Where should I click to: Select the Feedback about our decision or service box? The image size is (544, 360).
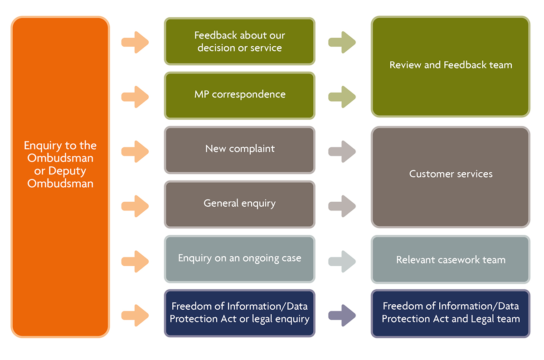[x=239, y=42]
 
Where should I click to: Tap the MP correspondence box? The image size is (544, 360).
[x=239, y=95]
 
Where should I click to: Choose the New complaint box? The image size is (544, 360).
[x=239, y=149]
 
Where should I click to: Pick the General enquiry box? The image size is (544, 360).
[x=239, y=204]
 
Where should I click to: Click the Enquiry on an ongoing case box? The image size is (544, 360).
[x=239, y=258]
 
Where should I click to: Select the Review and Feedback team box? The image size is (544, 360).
[x=451, y=66]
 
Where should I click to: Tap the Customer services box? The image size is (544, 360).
[x=451, y=176]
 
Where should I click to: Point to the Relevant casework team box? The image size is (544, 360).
[x=451, y=260]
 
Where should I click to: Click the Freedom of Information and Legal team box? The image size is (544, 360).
[x=451, y=313]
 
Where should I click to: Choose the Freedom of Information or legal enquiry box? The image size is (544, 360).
[x=239, y=313]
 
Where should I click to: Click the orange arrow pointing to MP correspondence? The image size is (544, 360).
[x=135, y=97]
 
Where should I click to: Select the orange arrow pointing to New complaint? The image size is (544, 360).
[x=135, y=151]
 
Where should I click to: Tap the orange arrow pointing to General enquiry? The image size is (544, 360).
[x=135, y=206]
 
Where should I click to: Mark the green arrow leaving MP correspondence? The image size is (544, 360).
[x=342, y=97]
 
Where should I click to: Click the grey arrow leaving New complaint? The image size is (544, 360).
[x=342, y=151]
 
